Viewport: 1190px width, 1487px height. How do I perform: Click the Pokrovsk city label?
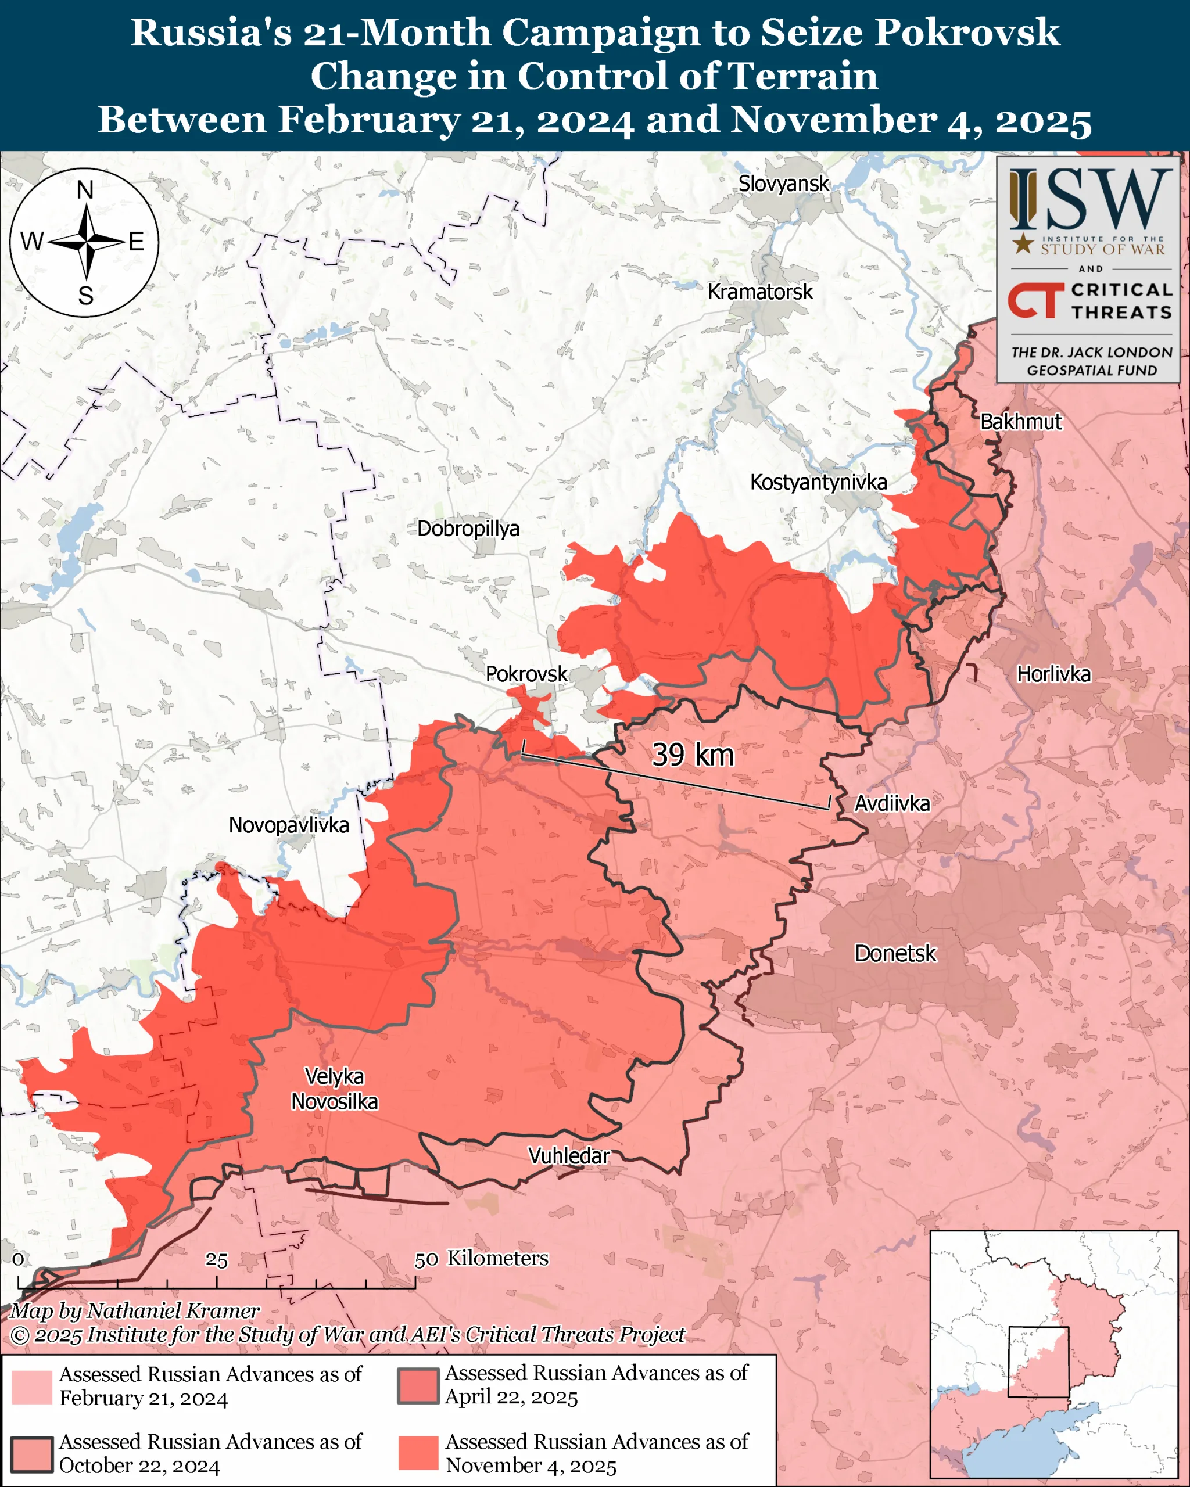526,674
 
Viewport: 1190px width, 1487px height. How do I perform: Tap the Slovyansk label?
783,184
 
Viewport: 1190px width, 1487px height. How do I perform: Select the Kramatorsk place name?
760,292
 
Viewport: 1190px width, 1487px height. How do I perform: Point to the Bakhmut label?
1021,421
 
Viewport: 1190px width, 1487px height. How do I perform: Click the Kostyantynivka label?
818,482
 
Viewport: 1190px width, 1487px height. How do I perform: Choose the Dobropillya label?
468,529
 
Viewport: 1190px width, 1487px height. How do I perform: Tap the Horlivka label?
1053,674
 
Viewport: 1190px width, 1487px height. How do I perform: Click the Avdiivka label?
892,803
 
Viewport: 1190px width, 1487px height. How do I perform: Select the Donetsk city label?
895,953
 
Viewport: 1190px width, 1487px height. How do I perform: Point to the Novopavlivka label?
288,825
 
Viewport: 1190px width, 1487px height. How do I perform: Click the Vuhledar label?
569,1156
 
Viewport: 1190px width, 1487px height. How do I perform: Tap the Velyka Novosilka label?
335,1089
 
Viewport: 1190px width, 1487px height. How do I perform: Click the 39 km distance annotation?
693,755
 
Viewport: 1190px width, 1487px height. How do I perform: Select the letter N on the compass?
85,190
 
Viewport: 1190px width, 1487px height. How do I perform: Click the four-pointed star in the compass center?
86,242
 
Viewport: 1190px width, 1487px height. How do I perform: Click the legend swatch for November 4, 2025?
418,1453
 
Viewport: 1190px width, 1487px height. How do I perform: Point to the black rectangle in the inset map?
1038,1362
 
